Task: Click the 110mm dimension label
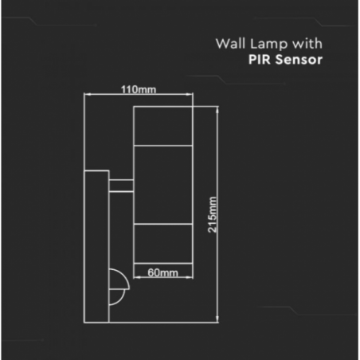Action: [x=139, y=89]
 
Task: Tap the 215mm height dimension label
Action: [x=213, y=215]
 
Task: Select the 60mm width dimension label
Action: [x=162, y=272]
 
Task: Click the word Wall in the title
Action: [x=230, y=44]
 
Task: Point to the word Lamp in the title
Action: [x=269, y=45]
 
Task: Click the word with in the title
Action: [x=307, y=44]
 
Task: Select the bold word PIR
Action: [x=260, y=60]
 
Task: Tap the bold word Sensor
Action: [x=299, y=60]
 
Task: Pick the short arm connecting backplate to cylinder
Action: [x=121, y=186]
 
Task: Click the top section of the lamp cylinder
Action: [x=162, y=126]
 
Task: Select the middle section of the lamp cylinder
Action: [x=162, y=185]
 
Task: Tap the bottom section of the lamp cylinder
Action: [x=162, y=244]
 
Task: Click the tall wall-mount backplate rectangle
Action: [x=96, y=247]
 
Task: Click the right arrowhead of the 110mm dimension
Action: [x=190, y=94]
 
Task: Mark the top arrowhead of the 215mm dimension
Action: [x=217, y=110]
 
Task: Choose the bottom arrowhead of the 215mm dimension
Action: [x=217, y=319]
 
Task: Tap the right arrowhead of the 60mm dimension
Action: [x=190, y=277]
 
